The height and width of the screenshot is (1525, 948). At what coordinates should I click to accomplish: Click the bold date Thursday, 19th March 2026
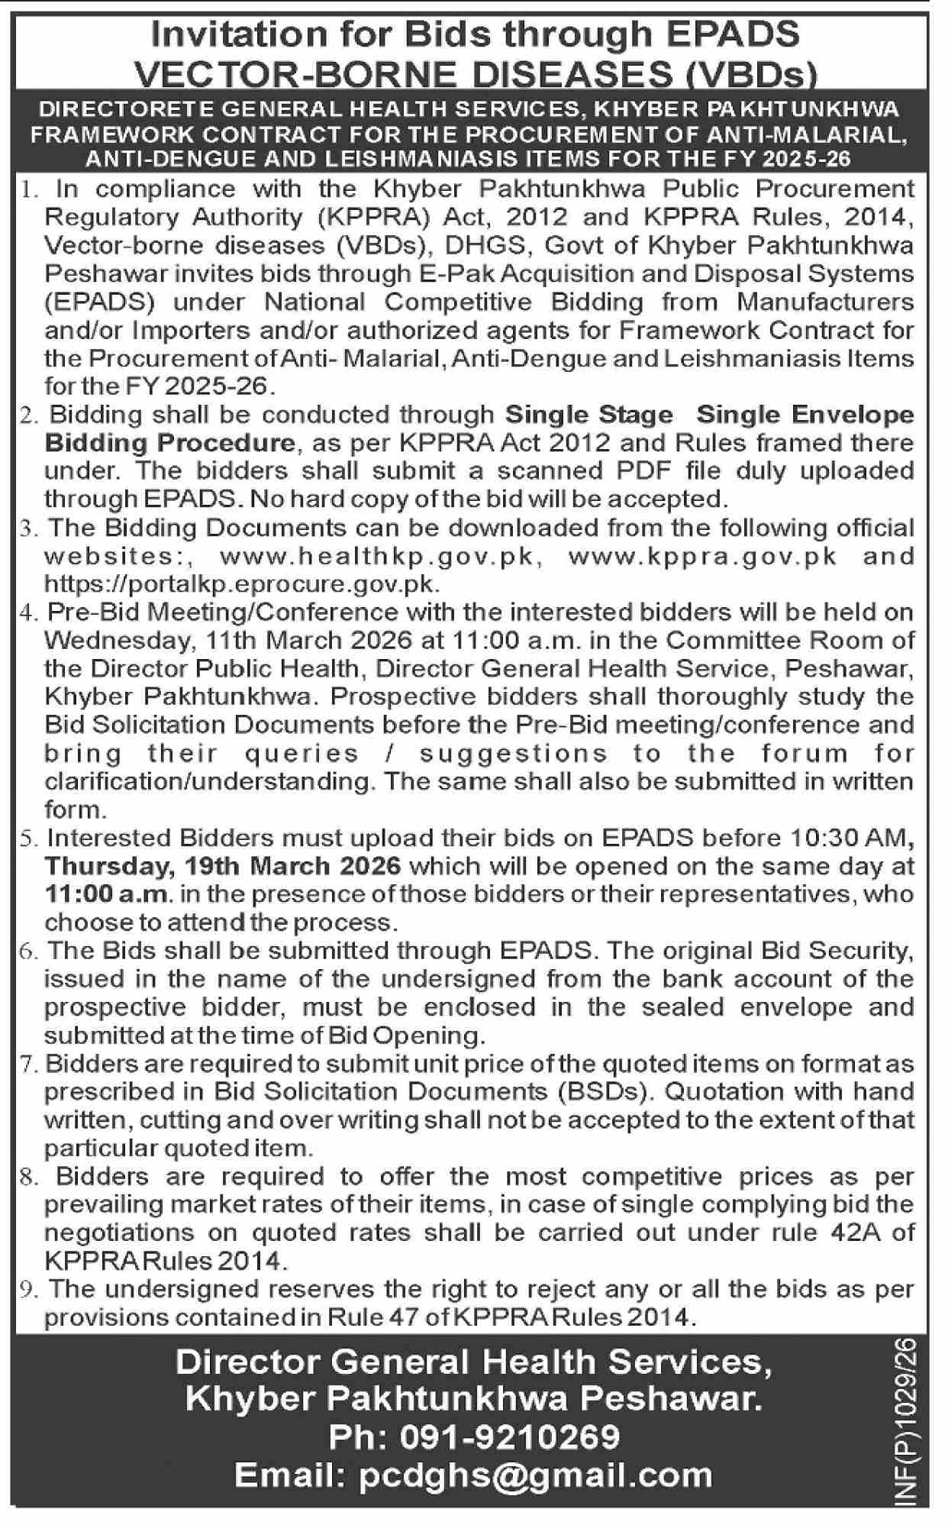223,867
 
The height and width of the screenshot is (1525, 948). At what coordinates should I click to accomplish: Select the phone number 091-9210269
510,1438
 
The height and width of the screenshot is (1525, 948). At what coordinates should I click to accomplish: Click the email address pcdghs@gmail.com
535,1475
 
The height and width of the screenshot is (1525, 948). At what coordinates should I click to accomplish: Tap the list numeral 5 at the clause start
28,839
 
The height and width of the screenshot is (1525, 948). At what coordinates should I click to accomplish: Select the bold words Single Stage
589,415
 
